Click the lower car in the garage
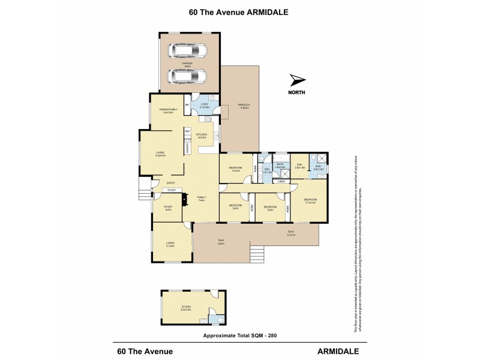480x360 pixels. tap(188, 76)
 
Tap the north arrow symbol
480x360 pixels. tap(297, 80)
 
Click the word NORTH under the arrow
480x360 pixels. tap(297, 92)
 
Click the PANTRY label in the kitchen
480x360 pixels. tap(187, 148)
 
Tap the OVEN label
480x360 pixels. tap(187, 139)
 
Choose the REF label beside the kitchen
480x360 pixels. tap(187, 131)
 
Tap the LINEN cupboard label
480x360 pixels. tap(281, 181)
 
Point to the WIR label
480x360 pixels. tap(299, 166)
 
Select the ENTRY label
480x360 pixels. tap(171, 183)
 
